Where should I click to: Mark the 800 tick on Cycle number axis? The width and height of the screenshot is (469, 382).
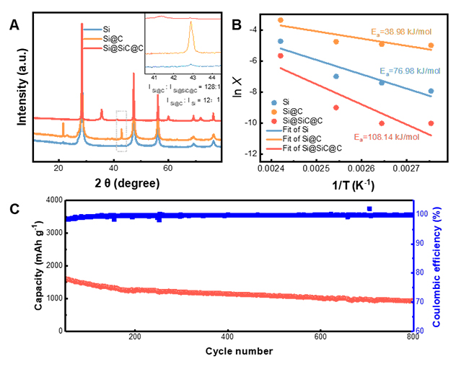(x=413, y=337)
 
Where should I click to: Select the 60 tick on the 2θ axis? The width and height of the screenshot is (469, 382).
(x=167, y=167)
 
